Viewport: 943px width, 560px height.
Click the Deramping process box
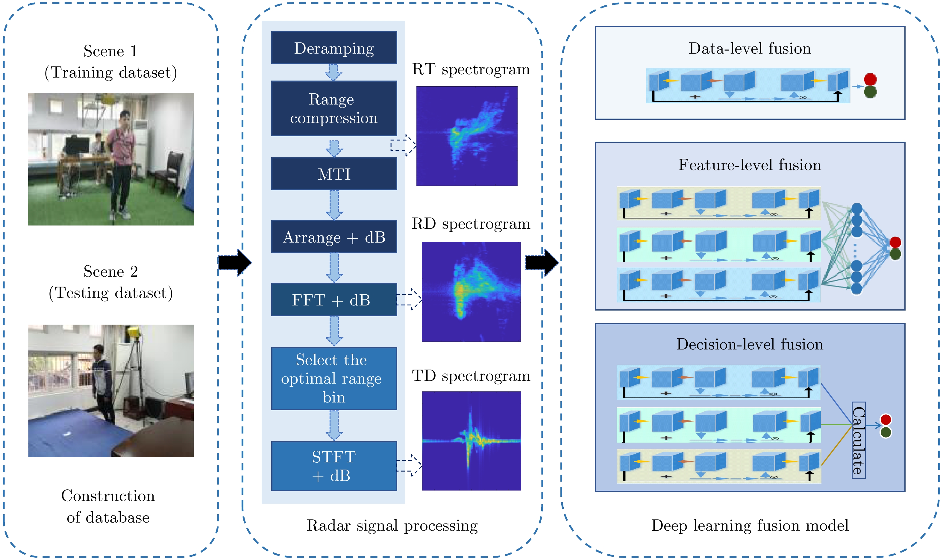click(334, 48)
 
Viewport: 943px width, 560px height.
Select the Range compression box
click(334, 108)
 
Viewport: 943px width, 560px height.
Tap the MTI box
click(334, 174)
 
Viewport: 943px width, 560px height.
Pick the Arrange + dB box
click(334, 237)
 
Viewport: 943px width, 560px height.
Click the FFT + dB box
click(334, 300)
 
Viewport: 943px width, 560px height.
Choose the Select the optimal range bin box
click(334, 379)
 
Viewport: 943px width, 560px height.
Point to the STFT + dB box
click(334, 466)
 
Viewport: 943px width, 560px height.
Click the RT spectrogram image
click(467, 136)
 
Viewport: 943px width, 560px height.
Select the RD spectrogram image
click(471, 291)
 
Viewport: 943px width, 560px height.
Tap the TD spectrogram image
click(471, 441)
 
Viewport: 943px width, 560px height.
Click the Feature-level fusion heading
click(750, 165)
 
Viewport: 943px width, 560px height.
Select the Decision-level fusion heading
click(750, 344)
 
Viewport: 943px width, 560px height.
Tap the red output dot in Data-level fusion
click(870, 79)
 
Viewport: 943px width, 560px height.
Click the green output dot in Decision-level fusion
click(885, 432)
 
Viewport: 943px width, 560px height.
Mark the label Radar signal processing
click(392, 525)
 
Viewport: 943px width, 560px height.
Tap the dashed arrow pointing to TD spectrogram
click(409, 465)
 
